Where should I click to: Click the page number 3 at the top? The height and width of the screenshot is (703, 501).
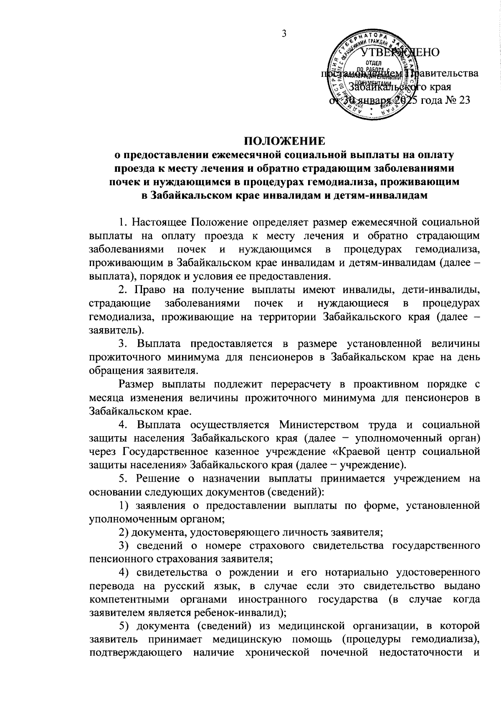pyautogui.click(x=283, y=34)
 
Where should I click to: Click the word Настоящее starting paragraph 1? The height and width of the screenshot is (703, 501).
pyautogui.click(x=160, y=221)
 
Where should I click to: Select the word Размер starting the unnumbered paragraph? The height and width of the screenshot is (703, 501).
pyautogui.click(x=139, y=384)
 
